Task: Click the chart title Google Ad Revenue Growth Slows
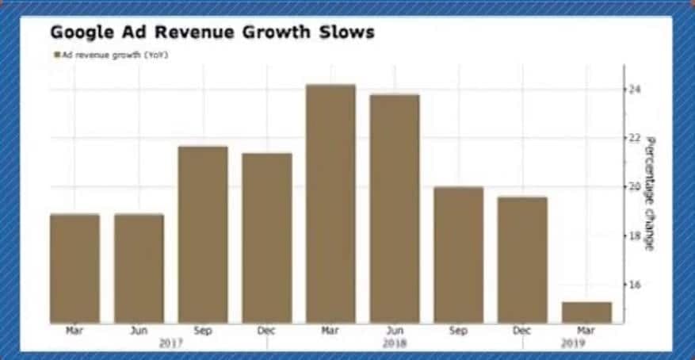point(212,33)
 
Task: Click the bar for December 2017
point(267,238)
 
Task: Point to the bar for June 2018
point(395,208)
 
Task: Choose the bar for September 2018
point(459,255)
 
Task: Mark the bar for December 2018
point(522,259)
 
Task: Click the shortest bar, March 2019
point(586,312)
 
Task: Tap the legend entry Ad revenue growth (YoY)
point(113,56)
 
